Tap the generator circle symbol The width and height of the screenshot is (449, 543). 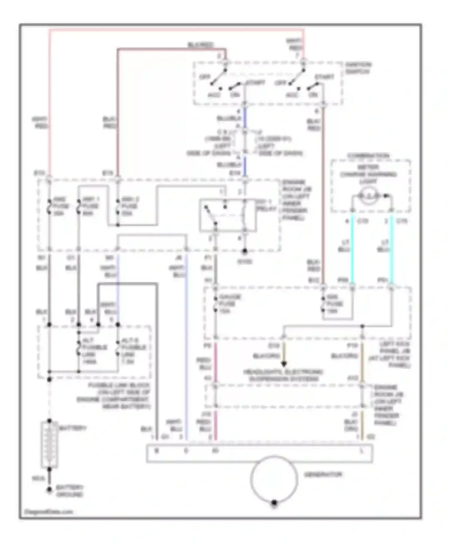pos(274,479)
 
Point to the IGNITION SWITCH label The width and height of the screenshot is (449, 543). pos(358,68)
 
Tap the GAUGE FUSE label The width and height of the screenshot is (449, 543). pos(229,304)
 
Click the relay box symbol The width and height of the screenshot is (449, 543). pos(227,215)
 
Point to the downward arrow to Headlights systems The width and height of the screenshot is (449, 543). pos(283,364)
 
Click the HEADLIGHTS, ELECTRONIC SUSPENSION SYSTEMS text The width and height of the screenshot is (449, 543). pos(283,375)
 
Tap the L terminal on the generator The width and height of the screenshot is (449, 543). pos(362,451)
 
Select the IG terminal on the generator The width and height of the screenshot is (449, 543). pos(215,451)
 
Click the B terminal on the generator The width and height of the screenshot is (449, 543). pos(156,451)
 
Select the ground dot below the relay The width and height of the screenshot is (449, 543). pos(245,251)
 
